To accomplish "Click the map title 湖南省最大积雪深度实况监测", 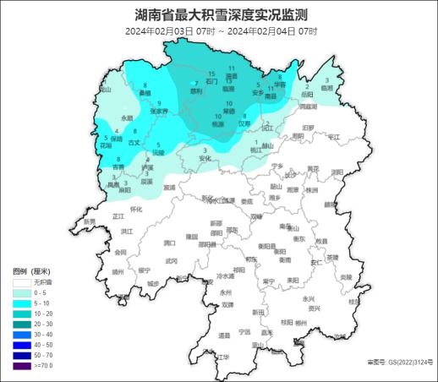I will pos(220,14).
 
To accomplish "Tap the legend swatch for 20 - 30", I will pos(22,324).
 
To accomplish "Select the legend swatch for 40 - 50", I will pos(22,344).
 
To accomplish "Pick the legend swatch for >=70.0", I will pos(22,365).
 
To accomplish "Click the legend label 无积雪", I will pos(44,281).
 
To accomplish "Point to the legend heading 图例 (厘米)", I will pos(34,270).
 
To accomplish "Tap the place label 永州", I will pos(224,292).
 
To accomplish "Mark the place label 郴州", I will pos(300,324).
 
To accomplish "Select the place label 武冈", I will pos(172,261).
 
